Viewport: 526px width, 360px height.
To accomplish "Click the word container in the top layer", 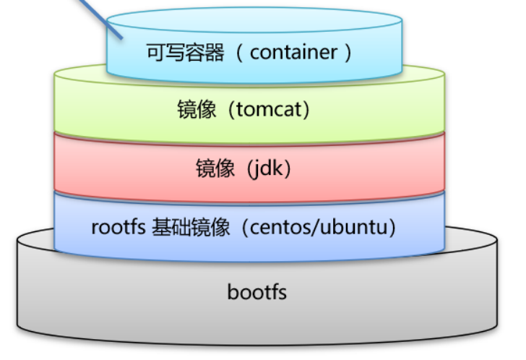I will (293, 53).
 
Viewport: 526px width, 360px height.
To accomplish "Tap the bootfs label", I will (256, 292).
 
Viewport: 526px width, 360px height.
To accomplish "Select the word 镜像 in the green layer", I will (197, 110).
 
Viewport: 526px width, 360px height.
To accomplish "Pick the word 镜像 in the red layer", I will (215, 168).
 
